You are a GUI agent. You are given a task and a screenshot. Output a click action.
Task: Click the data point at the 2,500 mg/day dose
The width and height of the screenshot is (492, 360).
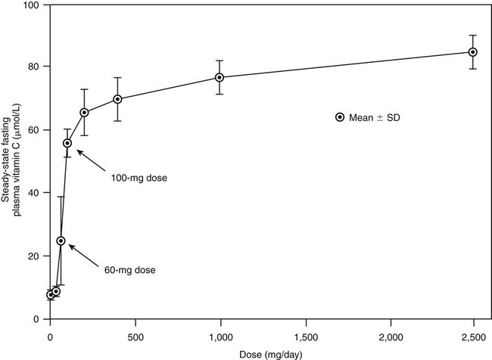(x=473, y=52)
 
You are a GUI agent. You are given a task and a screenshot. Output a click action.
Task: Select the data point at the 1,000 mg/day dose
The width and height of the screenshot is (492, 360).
(x=220, y=77)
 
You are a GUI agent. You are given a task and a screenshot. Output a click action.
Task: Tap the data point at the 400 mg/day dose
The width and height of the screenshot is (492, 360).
(x=118, y=99)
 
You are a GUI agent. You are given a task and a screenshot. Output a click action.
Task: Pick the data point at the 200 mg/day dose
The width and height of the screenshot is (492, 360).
(x=85, y=113)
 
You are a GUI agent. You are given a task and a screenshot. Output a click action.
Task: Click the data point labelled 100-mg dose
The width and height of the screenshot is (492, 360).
(x=67, y=143)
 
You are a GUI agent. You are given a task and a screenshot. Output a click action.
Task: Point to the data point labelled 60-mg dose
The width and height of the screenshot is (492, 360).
(x=61, y=241)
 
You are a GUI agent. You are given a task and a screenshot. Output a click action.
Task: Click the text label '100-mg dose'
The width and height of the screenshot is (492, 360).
(x=134, y=178)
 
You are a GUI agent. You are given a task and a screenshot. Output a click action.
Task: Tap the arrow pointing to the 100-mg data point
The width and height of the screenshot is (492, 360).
(x=89, y=160)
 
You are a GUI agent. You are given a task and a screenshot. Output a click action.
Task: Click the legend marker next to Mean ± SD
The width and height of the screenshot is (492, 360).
(x=340, y=117)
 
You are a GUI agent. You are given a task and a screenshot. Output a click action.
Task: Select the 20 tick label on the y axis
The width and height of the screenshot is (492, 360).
(x=35, y=256)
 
